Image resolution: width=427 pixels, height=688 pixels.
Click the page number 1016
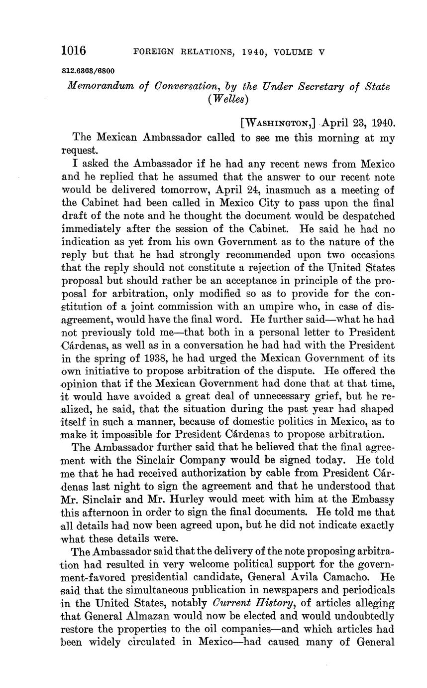tap(74, 51)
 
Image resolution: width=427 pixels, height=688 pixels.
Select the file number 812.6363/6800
tap(88, 71)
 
